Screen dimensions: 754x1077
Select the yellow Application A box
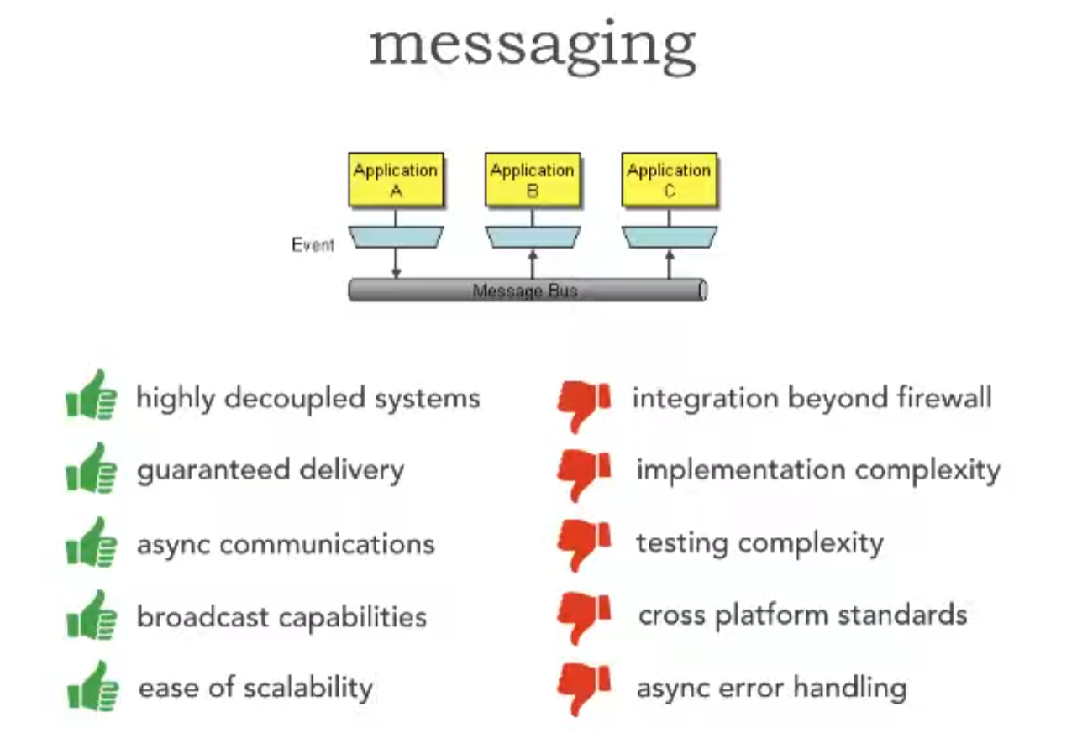coord(396,180)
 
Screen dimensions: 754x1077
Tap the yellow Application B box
coord(532,180)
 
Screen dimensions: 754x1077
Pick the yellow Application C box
coord(669,180)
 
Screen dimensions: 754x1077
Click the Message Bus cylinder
coord(527,291)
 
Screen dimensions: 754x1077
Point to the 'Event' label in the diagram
coord(313,245)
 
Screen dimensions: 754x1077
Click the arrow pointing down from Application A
coord(396,265)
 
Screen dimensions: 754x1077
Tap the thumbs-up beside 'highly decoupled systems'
coord(91,395)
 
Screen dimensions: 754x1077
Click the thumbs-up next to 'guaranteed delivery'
coord(91,468)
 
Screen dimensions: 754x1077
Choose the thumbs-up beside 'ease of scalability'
coord(92,687)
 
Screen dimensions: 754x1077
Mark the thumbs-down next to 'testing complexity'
coord(584,543)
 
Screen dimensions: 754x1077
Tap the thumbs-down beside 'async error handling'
coord(584,688)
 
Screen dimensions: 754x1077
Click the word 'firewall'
coord(947,397)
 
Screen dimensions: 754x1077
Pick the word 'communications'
coord(328,544)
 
